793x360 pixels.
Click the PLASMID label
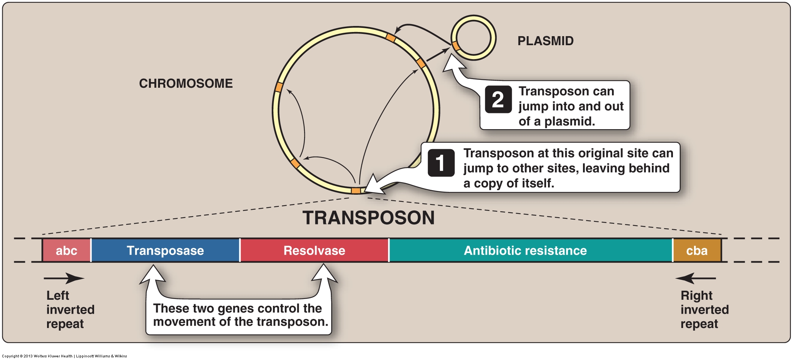545,41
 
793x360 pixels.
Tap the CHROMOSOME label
186,83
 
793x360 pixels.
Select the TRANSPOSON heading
368,218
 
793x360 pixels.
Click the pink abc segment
67,250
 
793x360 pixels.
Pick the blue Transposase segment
165,250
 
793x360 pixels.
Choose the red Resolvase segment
314,250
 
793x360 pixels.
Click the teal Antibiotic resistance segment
525,250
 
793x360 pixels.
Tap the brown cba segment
697,250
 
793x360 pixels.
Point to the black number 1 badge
441,163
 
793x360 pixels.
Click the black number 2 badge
498,99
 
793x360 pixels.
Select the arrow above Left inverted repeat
64,279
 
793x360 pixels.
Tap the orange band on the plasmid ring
456,46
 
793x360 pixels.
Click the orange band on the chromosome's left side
279,87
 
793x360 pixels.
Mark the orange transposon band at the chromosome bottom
356,191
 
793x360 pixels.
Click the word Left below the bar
58,295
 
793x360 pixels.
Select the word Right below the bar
696,295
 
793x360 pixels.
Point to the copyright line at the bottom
64,356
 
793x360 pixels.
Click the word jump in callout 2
533,107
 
